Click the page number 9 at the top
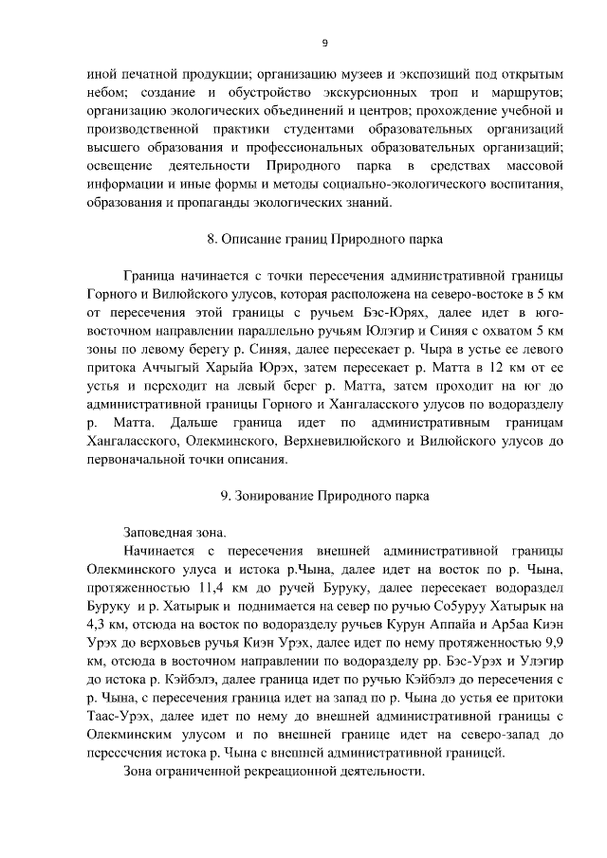pyautogui.click(x=324, y=42)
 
